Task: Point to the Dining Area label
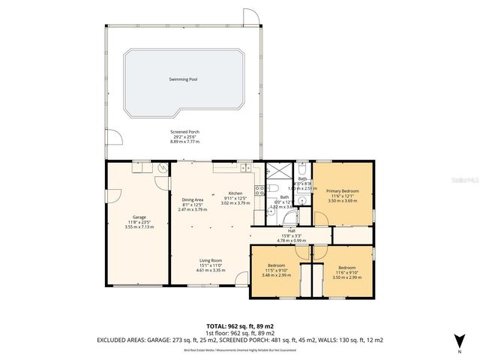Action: click(193, 199)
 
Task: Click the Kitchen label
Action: click(235, 193)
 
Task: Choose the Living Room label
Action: click(211, 260)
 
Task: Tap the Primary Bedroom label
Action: click(342, 191)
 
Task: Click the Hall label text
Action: click(291, 231)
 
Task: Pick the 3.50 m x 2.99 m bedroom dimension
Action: click(346, 277)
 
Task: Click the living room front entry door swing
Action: click(241, 279)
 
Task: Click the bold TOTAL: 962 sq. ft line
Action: click(240, 326)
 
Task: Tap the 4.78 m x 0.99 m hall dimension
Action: click(291, 241)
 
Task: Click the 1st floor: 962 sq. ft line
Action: click(240, 332)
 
